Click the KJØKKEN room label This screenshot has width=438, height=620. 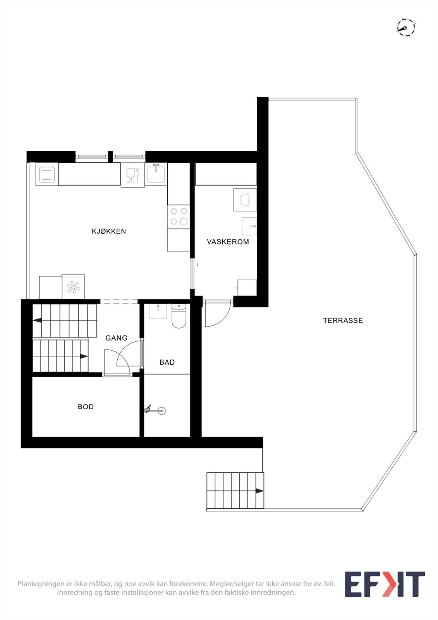109,231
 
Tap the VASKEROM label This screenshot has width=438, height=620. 228,242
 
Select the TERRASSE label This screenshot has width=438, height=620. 343,320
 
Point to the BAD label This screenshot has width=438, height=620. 167,362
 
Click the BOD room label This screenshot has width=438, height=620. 86,407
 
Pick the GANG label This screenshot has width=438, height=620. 116,338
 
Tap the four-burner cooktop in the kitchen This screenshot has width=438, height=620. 179,217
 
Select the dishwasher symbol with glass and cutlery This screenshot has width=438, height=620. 132,176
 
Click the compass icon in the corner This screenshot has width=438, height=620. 406,28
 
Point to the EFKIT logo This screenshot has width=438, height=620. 385,584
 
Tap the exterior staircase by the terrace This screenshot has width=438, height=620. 235,491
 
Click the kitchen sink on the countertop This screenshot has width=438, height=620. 156,173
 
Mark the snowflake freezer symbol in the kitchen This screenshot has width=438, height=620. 73,287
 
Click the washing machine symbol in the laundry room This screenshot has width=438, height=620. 245,200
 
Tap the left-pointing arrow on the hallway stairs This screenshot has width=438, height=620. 38,320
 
